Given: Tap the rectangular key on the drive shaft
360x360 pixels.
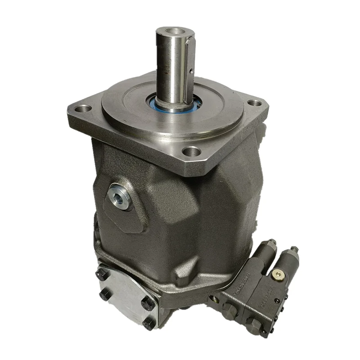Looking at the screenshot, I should [x=192, y=63].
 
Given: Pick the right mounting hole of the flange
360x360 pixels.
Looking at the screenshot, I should [x=255, y=103].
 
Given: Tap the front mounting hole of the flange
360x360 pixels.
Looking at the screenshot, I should [x=192, y=152].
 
